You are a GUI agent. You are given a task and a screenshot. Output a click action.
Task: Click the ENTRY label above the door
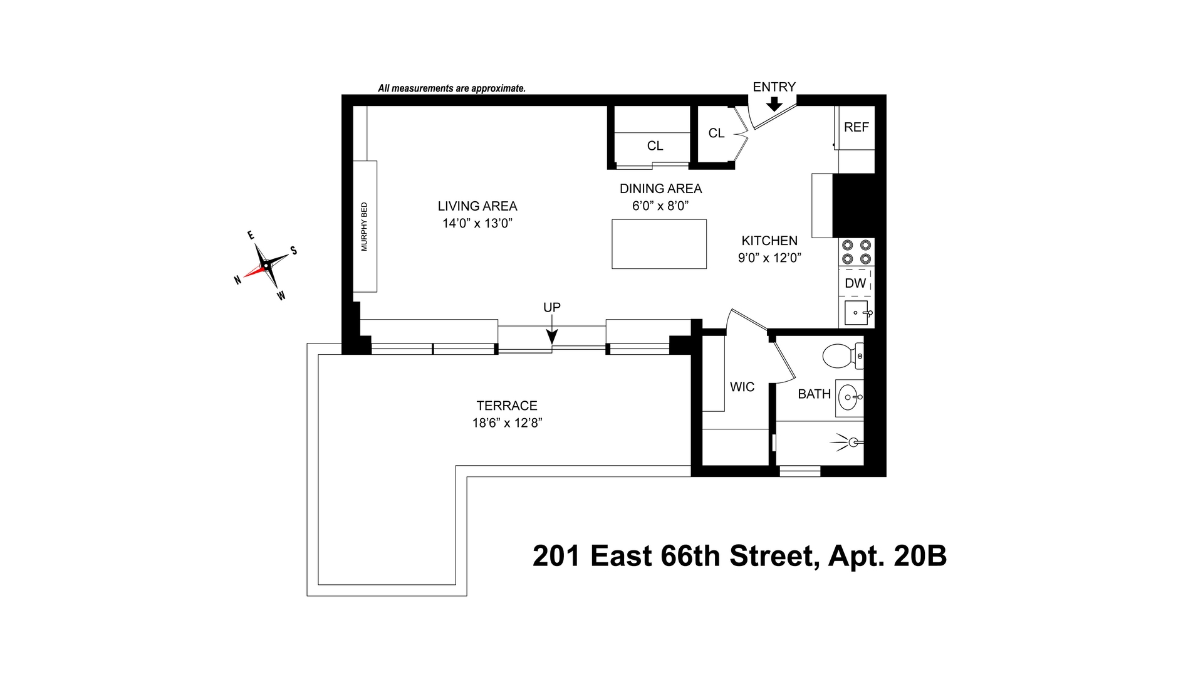pyautogui.click(x=774, y=87)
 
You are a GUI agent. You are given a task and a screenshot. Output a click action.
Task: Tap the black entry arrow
pyautogui.click(x=774, y=104)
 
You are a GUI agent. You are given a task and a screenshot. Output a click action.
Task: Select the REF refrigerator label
pyautogui.click(x=856, y=127)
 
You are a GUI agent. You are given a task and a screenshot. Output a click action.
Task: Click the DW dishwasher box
pyautogui.click(x=855, y=283)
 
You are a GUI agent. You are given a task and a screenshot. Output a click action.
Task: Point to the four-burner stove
pyautogui.click(x=857, y=252)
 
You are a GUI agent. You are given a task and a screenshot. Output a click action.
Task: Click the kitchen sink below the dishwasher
pyautogui.click(x=856, y=312)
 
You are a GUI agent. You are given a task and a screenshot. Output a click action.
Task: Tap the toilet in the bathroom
pyautogui.click(x=840, y=356)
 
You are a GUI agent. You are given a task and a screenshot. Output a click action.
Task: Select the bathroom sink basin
pyautogui.click(x=850, y=397)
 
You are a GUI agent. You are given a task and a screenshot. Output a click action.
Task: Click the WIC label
pyautogui.click(x=742, y=387)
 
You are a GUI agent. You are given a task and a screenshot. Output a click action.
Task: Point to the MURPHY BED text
pyautogui.click(x=365, y=226)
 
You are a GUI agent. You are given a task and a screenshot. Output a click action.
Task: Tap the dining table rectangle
pyautogui.click(x=659, y=244)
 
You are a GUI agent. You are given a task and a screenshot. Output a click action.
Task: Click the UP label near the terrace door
pyautogui.click(x=551, y=307)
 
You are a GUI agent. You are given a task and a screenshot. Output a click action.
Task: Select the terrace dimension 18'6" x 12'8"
pyautogui.click(x=507, y=423)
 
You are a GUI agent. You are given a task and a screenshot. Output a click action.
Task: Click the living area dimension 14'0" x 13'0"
pyautogui.click(x=477, y=223)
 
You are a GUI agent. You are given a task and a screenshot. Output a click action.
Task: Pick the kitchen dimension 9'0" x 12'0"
pyautogui.click(x=769, y=258)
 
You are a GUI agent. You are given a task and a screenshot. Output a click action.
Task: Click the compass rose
pyautogui.click(x=266, y=266)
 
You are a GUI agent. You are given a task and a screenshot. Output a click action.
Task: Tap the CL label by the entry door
pyautogui.click(x=716, y=134)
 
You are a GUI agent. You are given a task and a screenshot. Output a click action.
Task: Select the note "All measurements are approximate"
pyautogui.click(x=451, y=88)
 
